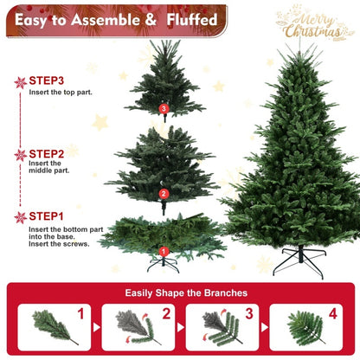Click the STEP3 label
[x=52, y=80]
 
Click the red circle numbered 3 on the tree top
[x=164, y=108]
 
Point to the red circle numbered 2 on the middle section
[x=164, y=194]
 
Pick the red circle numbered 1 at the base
[x=162, y=252]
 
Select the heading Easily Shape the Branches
[x=180, y=293]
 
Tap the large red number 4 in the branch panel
[x=333, y=314]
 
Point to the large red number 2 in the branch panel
[x=165, y=314]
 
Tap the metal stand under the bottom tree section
[x=162, y=262]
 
